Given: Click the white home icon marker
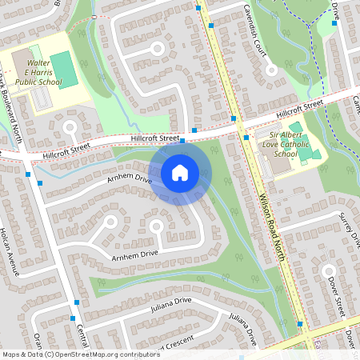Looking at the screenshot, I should [x=180, y=172].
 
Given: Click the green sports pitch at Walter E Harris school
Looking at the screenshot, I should [x=65, y=70].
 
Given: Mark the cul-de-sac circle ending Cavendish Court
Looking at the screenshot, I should [x=272, y=70].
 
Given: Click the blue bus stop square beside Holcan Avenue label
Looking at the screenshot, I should [x=28, y=174].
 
